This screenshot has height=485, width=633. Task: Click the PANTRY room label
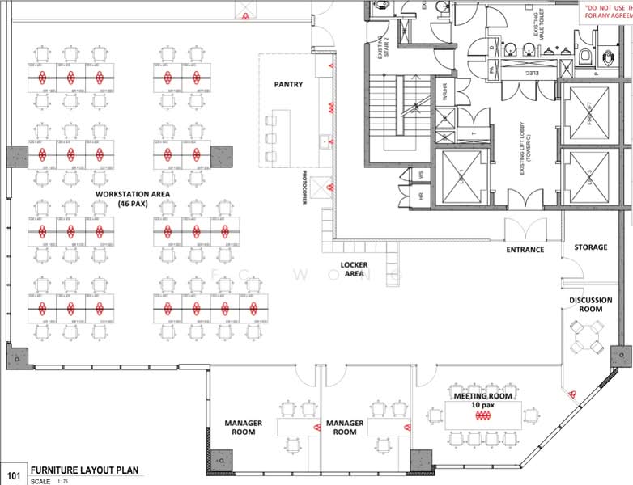(x=289, y=84)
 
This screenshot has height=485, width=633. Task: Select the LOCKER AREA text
(x=354, y=269)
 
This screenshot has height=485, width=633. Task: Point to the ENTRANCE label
(x=525, y=250)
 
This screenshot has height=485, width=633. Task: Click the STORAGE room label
(x=590, y=247)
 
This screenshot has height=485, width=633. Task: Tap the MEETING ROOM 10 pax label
(x=482, y=401)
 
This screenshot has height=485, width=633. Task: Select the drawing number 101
(x=14, y=475)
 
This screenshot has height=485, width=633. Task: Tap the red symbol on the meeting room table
(x=483, y=415)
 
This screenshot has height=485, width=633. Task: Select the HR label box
(x=422, y=196)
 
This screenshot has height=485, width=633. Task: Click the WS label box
(x=422, y=174)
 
